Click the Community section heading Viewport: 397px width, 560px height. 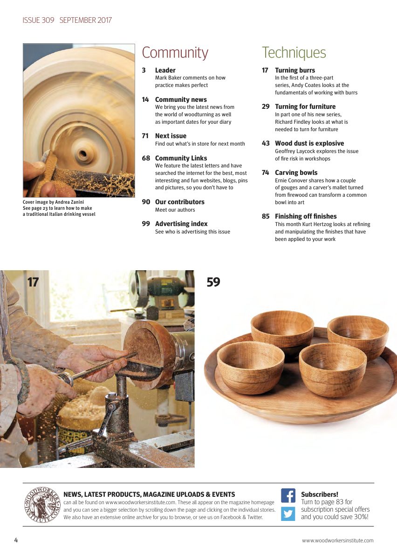175,53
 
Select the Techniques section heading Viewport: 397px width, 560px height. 294,53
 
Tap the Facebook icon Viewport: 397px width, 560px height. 288,495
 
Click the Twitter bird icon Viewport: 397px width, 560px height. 288,513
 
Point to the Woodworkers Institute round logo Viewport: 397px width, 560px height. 42,505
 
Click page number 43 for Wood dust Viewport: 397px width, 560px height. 266,143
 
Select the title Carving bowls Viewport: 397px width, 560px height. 296,173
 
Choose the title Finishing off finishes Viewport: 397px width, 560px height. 305,216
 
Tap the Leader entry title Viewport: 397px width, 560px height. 165,70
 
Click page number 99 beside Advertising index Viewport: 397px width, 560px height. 146,224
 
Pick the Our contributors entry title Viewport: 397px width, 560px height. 179,202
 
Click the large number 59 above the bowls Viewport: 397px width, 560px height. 213,282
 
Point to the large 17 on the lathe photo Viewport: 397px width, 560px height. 33,282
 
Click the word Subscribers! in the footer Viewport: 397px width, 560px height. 319,494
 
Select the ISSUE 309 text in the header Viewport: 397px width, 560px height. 38,20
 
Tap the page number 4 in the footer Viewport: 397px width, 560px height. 16,540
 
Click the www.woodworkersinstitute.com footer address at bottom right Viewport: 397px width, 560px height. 337,540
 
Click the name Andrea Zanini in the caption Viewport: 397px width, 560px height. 70,202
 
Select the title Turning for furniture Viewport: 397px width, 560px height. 305,107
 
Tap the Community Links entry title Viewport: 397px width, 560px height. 181,158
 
